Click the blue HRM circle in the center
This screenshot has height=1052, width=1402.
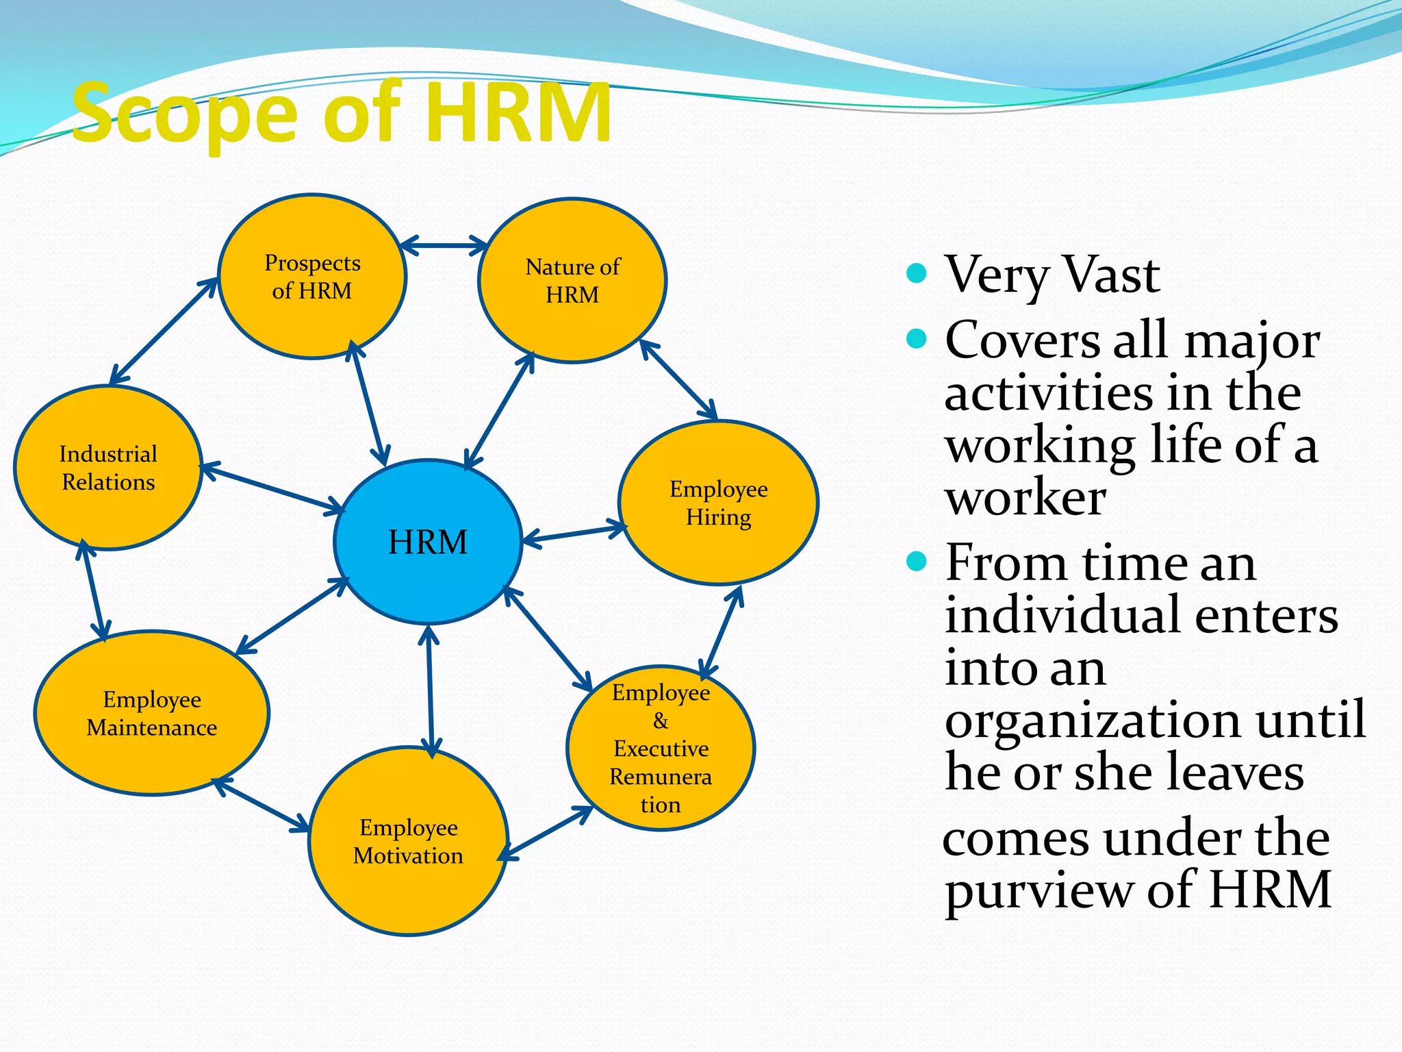(428, 542)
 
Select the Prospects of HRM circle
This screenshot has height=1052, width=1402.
(312, 277)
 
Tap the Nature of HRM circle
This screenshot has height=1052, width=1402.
(572, 281)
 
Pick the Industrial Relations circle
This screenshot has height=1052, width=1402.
(108, 468)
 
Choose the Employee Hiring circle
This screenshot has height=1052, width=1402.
(718, 503)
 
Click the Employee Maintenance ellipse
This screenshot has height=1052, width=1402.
(151, 713)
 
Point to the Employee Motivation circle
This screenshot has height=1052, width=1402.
(409, 842)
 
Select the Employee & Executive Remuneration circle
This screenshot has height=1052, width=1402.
(661, 748)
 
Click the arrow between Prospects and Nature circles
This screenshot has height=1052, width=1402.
(444, 245)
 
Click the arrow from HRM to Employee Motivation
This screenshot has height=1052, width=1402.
(430, 692)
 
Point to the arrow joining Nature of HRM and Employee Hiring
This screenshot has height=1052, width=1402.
(678, 379)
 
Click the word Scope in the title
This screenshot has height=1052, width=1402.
(185, 113)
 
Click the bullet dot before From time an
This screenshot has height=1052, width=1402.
(916, 562)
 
